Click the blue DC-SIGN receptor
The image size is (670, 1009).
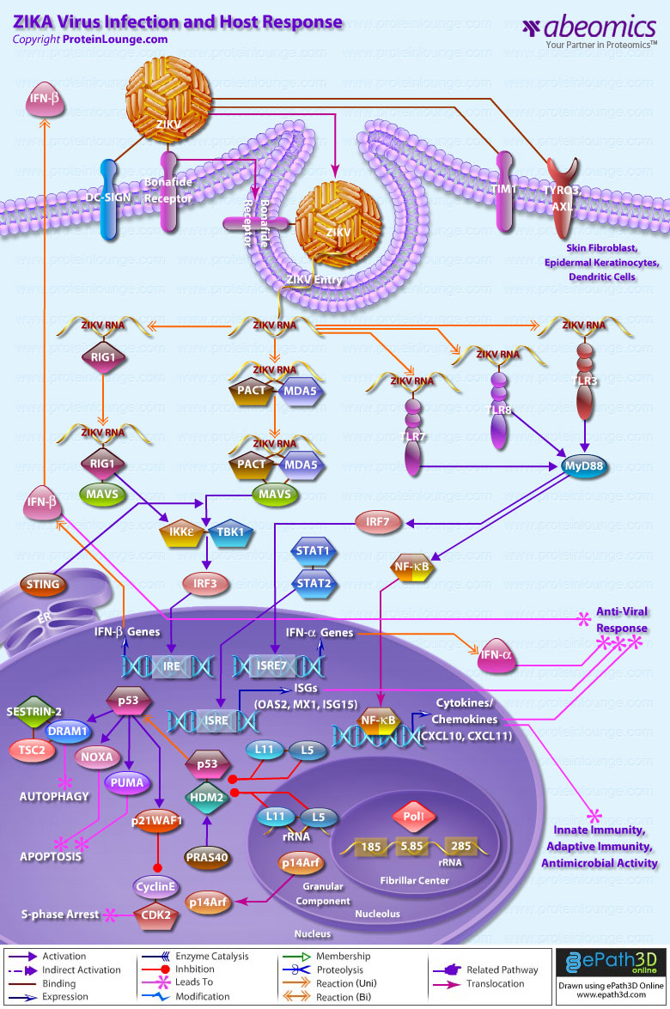click(110, 198)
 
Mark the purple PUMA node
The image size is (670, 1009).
click(122, 782)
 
